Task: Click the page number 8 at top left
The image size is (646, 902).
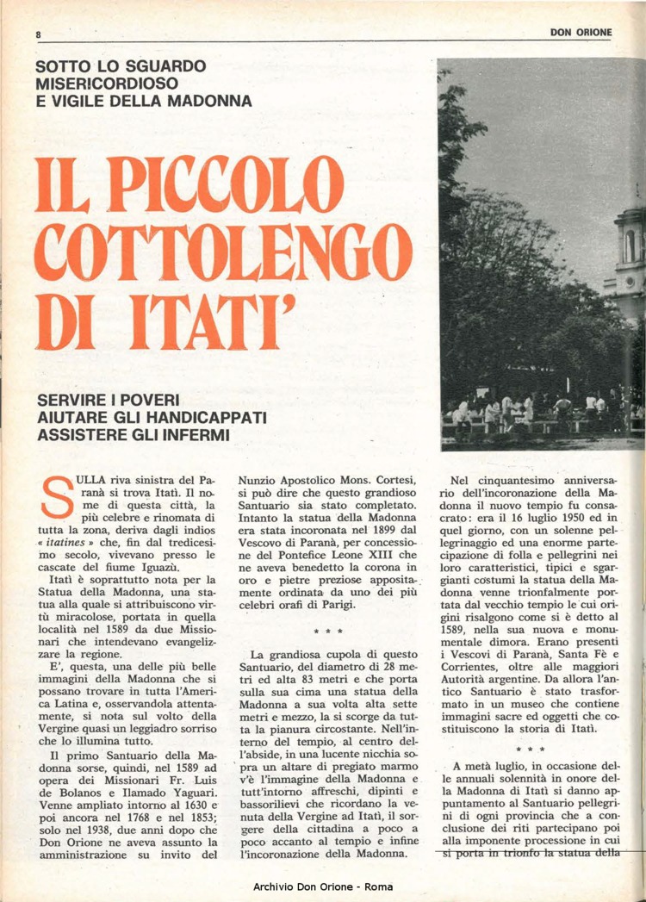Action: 39,34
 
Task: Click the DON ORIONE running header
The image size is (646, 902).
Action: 581,33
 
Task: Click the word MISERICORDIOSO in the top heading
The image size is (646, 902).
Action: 108,84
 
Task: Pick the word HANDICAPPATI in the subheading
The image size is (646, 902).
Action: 201,418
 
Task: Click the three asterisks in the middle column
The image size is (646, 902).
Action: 327,632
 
